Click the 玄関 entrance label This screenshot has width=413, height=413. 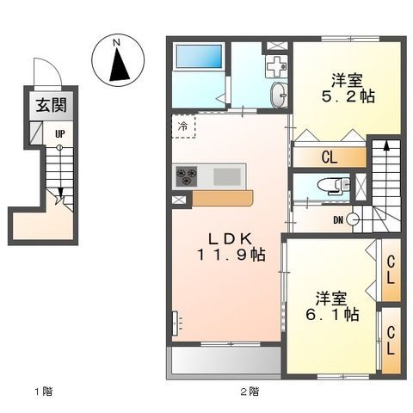(52, 105)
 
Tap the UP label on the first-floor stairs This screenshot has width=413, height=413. (60, 133)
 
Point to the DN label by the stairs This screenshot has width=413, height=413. (338, 220)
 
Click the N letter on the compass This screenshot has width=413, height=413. (116, 43)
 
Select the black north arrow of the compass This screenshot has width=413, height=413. (119, 65)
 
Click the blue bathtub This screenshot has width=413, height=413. (200, 56)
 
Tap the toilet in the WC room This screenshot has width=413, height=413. (334, 185)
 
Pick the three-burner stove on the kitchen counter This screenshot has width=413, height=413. (187, 176)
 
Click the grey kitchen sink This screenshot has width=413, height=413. (227, 176)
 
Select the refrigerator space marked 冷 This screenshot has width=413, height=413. (183, 126)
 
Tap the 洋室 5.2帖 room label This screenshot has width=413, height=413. (348, 89)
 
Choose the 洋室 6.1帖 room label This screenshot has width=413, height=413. (332, 306)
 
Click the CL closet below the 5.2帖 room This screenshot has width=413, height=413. (330, 157)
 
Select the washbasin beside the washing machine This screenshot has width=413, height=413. (279, 96)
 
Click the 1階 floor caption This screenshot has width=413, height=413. (44, 391)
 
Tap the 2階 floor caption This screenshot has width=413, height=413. (250, 391)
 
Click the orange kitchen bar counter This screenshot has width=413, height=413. (223, 198)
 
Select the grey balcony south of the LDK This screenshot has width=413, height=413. (226, 361)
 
